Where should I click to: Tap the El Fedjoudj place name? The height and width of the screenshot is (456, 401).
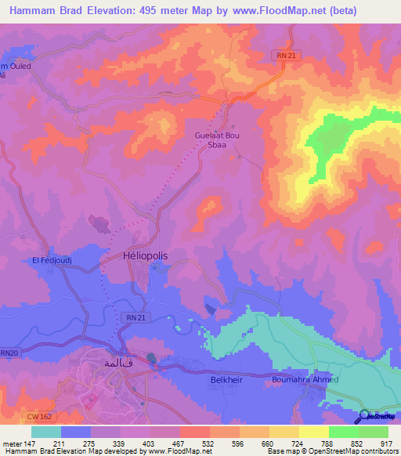(52, 260)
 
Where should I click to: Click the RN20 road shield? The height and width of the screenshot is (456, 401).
(9, 353)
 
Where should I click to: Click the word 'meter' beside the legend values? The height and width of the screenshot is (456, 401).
(12, 443)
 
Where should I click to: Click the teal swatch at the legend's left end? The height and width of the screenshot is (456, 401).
(46, 432)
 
